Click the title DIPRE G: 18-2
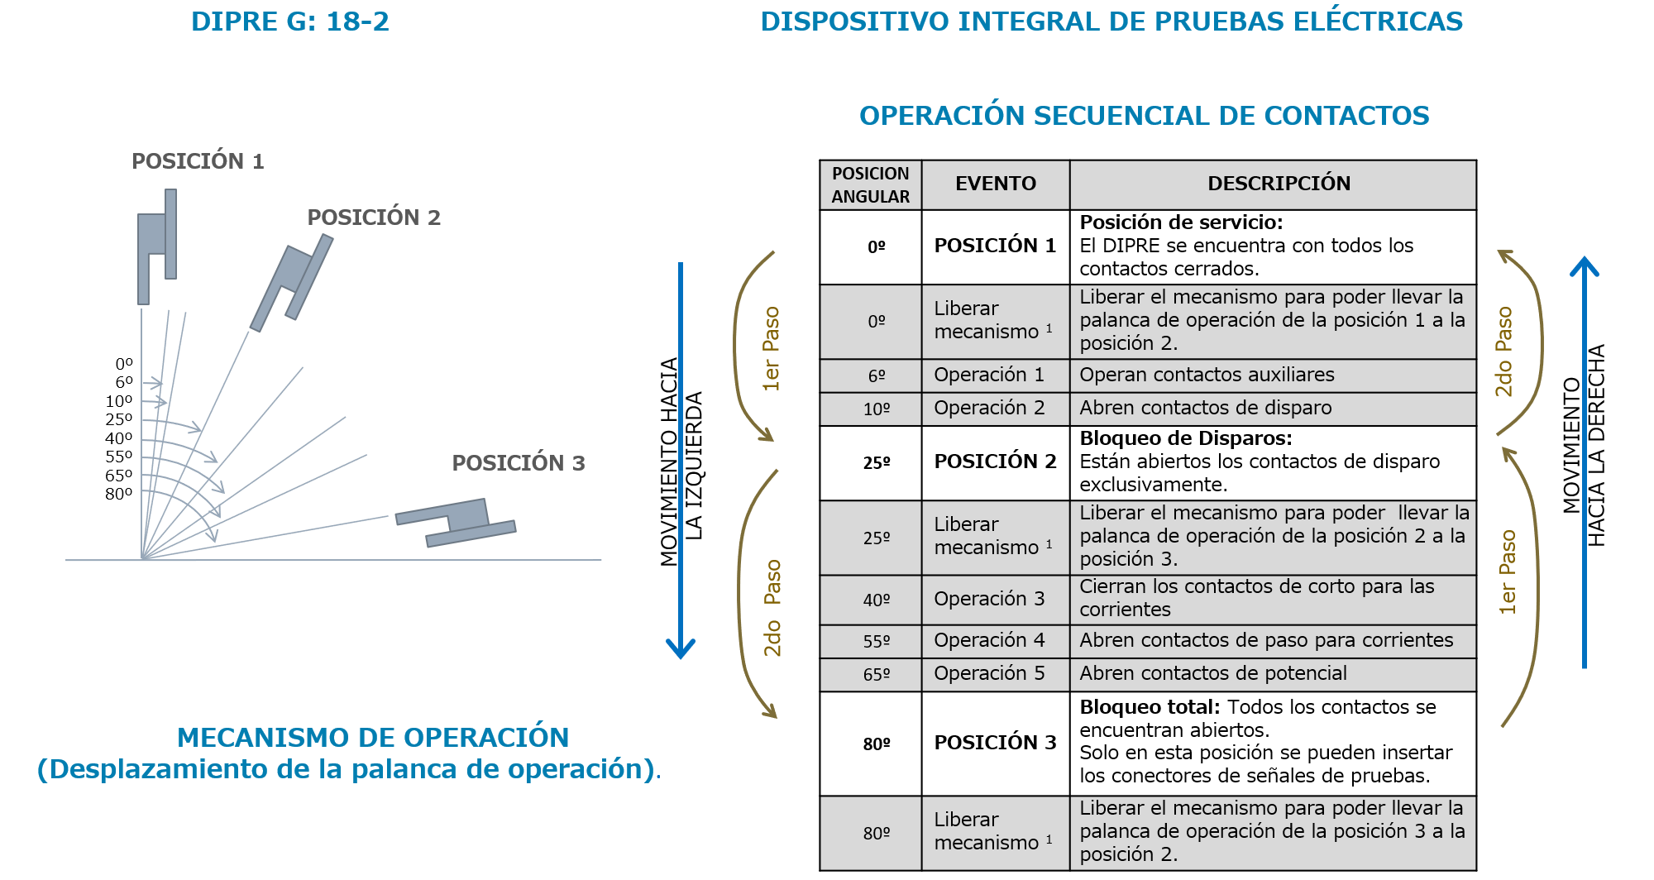tap(289, 22)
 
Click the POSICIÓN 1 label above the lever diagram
tap(198, 160)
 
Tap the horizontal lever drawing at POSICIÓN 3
tap(456, 523)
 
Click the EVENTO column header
tap(995, 184)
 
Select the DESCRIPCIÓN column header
tap(1279, 184)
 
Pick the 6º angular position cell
tap(876, 376)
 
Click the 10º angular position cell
tap(876, 409)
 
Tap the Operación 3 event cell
tap(989, 599)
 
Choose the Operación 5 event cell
tap(989, 674)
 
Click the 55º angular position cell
tap(876, 642)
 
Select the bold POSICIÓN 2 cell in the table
tap(995, 462)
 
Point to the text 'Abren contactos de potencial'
tap(1212, 674)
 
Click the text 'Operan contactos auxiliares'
tap(1207, 375)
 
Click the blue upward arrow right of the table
tap(1584, 463)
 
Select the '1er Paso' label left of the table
tap(771, 348)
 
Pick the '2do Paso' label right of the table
tap(1503, 352)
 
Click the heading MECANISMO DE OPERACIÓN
tap(373, 737)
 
